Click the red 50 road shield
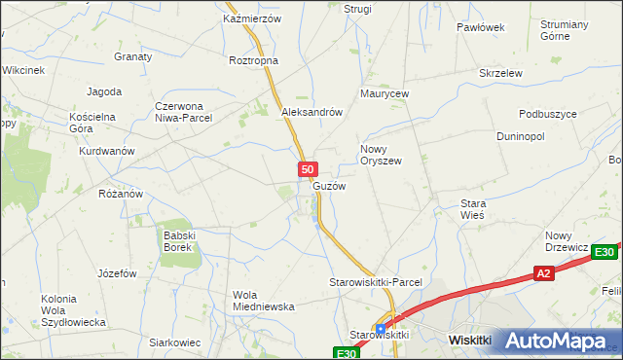(x=307, y=169)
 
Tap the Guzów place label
(x=329, y=186)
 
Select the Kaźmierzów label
(x=251, y=18)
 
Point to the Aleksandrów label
(x=311, y=112)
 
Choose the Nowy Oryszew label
(x=381, y=155)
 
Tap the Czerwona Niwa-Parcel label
(x=184, y=113)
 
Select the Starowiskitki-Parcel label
(x=375, y=281)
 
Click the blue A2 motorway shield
(x=544, y=275)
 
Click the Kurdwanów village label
(x=107, y=152)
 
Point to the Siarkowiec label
(x=174, y=342)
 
